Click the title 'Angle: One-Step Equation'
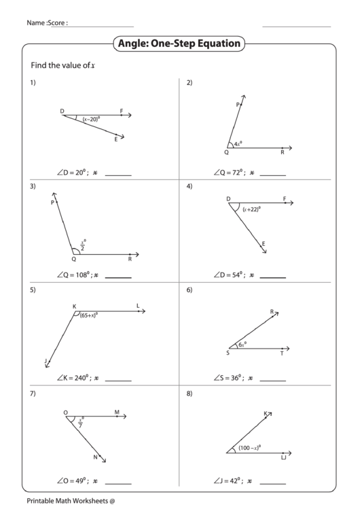tap(180, 44)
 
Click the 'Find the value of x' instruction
tap(61, 65)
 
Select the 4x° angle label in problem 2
tap(237, 144)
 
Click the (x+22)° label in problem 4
tap(252, 209)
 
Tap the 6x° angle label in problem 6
tap(241, 345)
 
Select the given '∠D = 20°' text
tap(74, 173)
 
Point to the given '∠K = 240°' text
tap(74, 378)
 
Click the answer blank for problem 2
tap(272, 175)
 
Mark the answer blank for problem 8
tap(272, 482)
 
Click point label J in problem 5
tap(46, 360)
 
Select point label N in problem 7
tap(96, 457)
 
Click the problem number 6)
tap(190, 290)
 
